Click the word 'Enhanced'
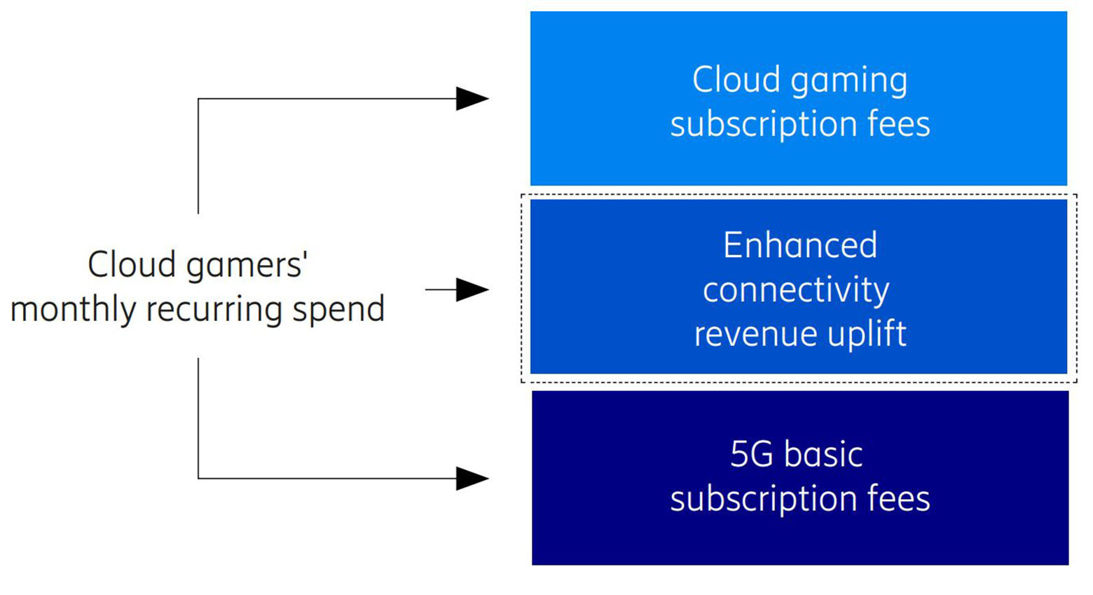[800, 245]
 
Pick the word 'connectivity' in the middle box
[796, 290]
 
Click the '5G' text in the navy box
[751, 454]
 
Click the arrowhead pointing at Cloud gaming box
[472, 99]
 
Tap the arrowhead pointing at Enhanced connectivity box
[472, 289]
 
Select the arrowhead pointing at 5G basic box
[472, 479]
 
